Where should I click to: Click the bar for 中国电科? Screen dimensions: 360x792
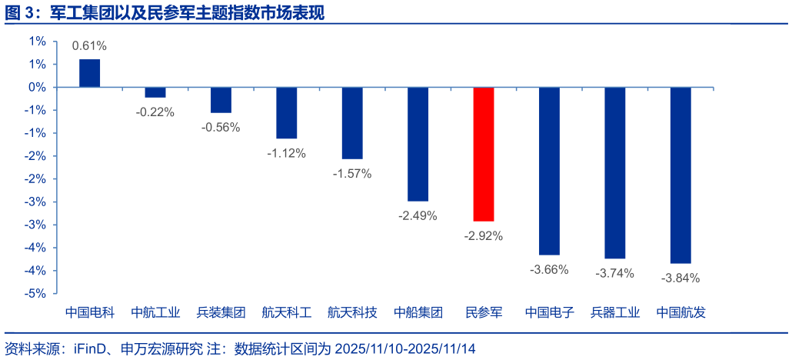coord(90,73)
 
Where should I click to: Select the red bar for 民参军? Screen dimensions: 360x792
coord(484,154)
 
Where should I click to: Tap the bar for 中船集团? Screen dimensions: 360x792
coord(418,144)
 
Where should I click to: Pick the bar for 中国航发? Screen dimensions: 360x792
coord(681,175)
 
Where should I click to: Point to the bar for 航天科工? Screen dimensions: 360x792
coord(287,112)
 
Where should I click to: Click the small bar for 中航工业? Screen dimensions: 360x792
coord(155,92)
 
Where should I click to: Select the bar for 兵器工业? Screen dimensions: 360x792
coord(615,172)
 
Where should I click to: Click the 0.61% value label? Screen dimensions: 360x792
coord(90,46)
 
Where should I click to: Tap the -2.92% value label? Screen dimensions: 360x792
coord(484,236)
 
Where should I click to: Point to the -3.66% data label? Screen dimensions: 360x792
coord(549,269)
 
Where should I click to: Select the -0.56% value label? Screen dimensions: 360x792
coord(221,128)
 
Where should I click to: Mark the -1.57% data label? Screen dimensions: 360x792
coord(352,174)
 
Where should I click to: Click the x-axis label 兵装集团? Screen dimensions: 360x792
coord(221,313)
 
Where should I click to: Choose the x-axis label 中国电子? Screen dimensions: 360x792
coord(549,313)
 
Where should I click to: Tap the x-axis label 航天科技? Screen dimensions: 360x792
coord(352,313)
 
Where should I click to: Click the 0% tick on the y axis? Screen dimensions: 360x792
coord(37,87)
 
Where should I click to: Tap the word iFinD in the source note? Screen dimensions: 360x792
coord(92,348)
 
